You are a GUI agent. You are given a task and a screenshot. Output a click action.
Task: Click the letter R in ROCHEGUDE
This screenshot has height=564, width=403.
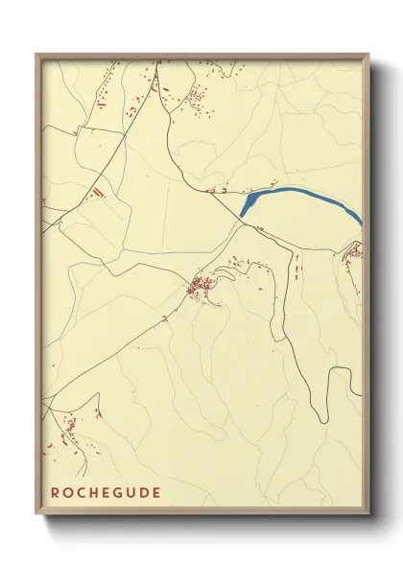[x=56, y=493]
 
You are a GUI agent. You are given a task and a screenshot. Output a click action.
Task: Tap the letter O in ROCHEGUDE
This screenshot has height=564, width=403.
[x=69, y=493]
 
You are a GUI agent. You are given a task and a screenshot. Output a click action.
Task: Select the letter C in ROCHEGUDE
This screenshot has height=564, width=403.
[x=83, y=493]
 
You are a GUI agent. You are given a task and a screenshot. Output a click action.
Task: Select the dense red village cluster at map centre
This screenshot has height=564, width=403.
[x=202, y=285]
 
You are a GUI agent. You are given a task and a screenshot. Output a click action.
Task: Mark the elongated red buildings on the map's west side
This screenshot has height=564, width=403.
[x=96, y=193]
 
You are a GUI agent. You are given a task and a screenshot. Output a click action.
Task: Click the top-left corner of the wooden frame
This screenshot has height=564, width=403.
[x=36, y=54]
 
